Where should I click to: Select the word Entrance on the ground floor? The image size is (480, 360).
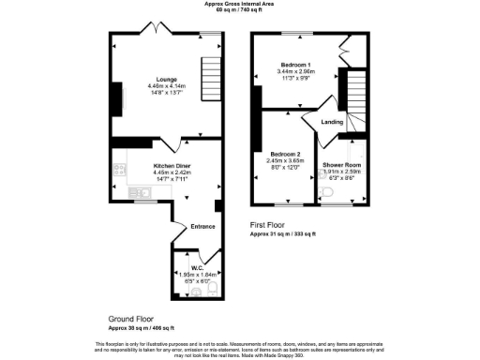pyautogui.click(x=203, y=226)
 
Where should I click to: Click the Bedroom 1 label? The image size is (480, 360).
pyautogui.click(x=295, y=64)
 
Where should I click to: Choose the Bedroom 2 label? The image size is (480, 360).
pyautogui.click(x=285, y=153)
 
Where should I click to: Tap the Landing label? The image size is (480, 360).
pyautogui.click(x=332, y=122)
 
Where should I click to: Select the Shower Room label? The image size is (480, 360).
pyautogui.click(x=340, y=165)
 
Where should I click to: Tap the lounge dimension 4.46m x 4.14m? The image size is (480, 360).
pyautogui.click(x=167, y=87)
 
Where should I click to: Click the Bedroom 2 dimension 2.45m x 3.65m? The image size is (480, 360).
pyautogui.click(x=285, y=160)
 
